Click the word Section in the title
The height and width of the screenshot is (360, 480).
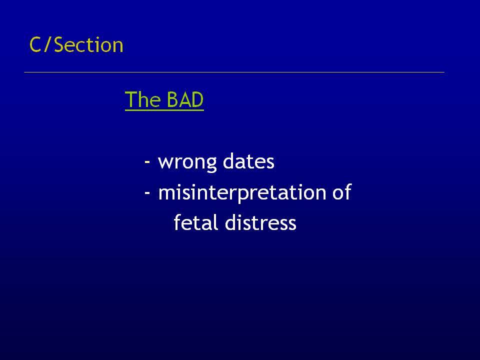tap(88, 45)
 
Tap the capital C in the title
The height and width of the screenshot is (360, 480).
tap(35, 45)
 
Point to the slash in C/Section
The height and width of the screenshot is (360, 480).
tap(47, 45)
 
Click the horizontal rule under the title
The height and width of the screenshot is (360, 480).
tap(234, 72)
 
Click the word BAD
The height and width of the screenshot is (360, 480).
tap(185, 99)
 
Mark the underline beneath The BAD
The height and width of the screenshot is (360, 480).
tap(164, 109)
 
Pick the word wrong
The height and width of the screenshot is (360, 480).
tap(187, 162)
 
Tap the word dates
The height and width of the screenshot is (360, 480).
tap(248, 161)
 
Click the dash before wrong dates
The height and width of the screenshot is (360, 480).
tap(147, 161)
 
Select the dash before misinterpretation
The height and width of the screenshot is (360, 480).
tap(147, 192)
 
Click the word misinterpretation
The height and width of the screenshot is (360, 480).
tap(242, 193)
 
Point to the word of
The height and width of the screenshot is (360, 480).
tap(341, 191)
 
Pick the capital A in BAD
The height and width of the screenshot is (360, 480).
tap(185, 100)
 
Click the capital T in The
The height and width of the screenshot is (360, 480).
tap(130, 100)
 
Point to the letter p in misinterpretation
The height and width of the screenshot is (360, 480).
tap(244, 195)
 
